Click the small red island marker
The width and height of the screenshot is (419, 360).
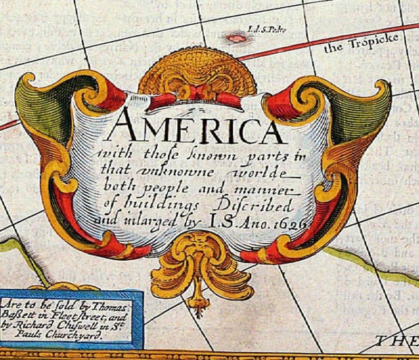coord(236,38)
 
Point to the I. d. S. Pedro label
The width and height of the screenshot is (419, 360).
coord(266,30)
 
